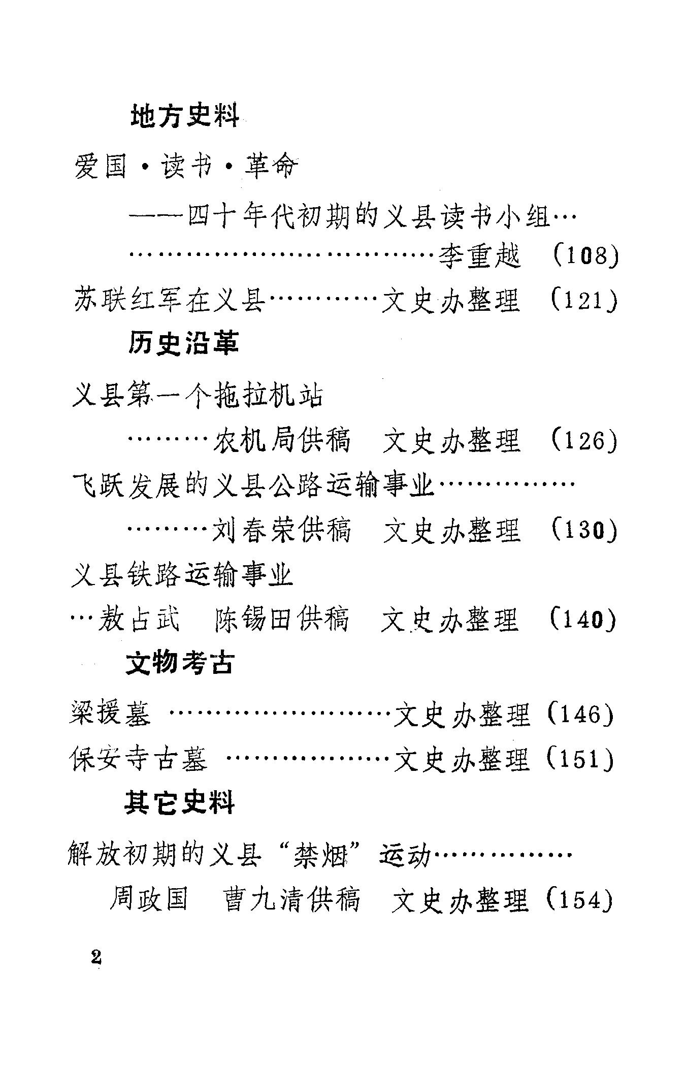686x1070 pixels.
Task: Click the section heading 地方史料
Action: (x=185, y=116)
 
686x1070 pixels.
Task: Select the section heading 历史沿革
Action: (x=183, y=343)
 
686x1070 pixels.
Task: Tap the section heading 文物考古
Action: (x=180, y=662)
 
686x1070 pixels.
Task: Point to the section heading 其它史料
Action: (x=180, y=804)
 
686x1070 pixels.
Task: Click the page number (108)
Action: (x=584, y=256)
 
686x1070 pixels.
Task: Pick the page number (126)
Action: (x=584, y=440)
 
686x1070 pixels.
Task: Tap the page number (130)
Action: (x=584, y=530)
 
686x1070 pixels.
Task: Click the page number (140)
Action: (x=583, y=620)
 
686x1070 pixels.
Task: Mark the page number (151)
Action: (x=581, y=759)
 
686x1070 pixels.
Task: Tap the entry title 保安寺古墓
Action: (x=138, y=759)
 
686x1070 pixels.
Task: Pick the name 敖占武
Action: (x=139, y=620)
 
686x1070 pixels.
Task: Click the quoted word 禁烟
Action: (x=320, y=854)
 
